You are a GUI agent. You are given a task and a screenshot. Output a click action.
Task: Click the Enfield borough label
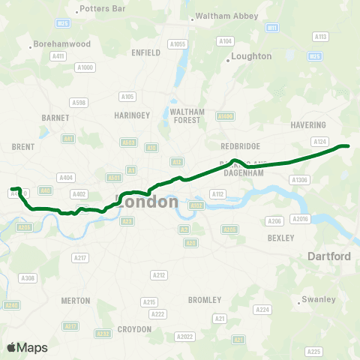click(x=146, y=52)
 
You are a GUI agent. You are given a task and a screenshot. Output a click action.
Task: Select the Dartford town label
click(x=329, y=256)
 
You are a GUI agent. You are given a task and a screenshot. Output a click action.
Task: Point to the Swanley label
click(x=319, y=300)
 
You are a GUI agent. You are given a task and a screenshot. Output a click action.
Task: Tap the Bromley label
click(x=205, y=300)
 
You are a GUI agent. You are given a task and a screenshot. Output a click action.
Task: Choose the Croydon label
click(x=135, y=328)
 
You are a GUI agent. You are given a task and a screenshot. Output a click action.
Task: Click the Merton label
click(x=75, y=300)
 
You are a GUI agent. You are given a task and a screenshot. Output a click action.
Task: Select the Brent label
click(x=23, y=147)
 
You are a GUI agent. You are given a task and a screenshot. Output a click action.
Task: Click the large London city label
click(x=148, y=202)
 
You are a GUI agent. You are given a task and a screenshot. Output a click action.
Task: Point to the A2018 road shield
click(x=301, y=218)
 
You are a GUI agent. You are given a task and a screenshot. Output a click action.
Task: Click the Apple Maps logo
click(x=27, y=347)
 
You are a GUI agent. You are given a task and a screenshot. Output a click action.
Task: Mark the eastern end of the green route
click(x=347, y=146)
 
